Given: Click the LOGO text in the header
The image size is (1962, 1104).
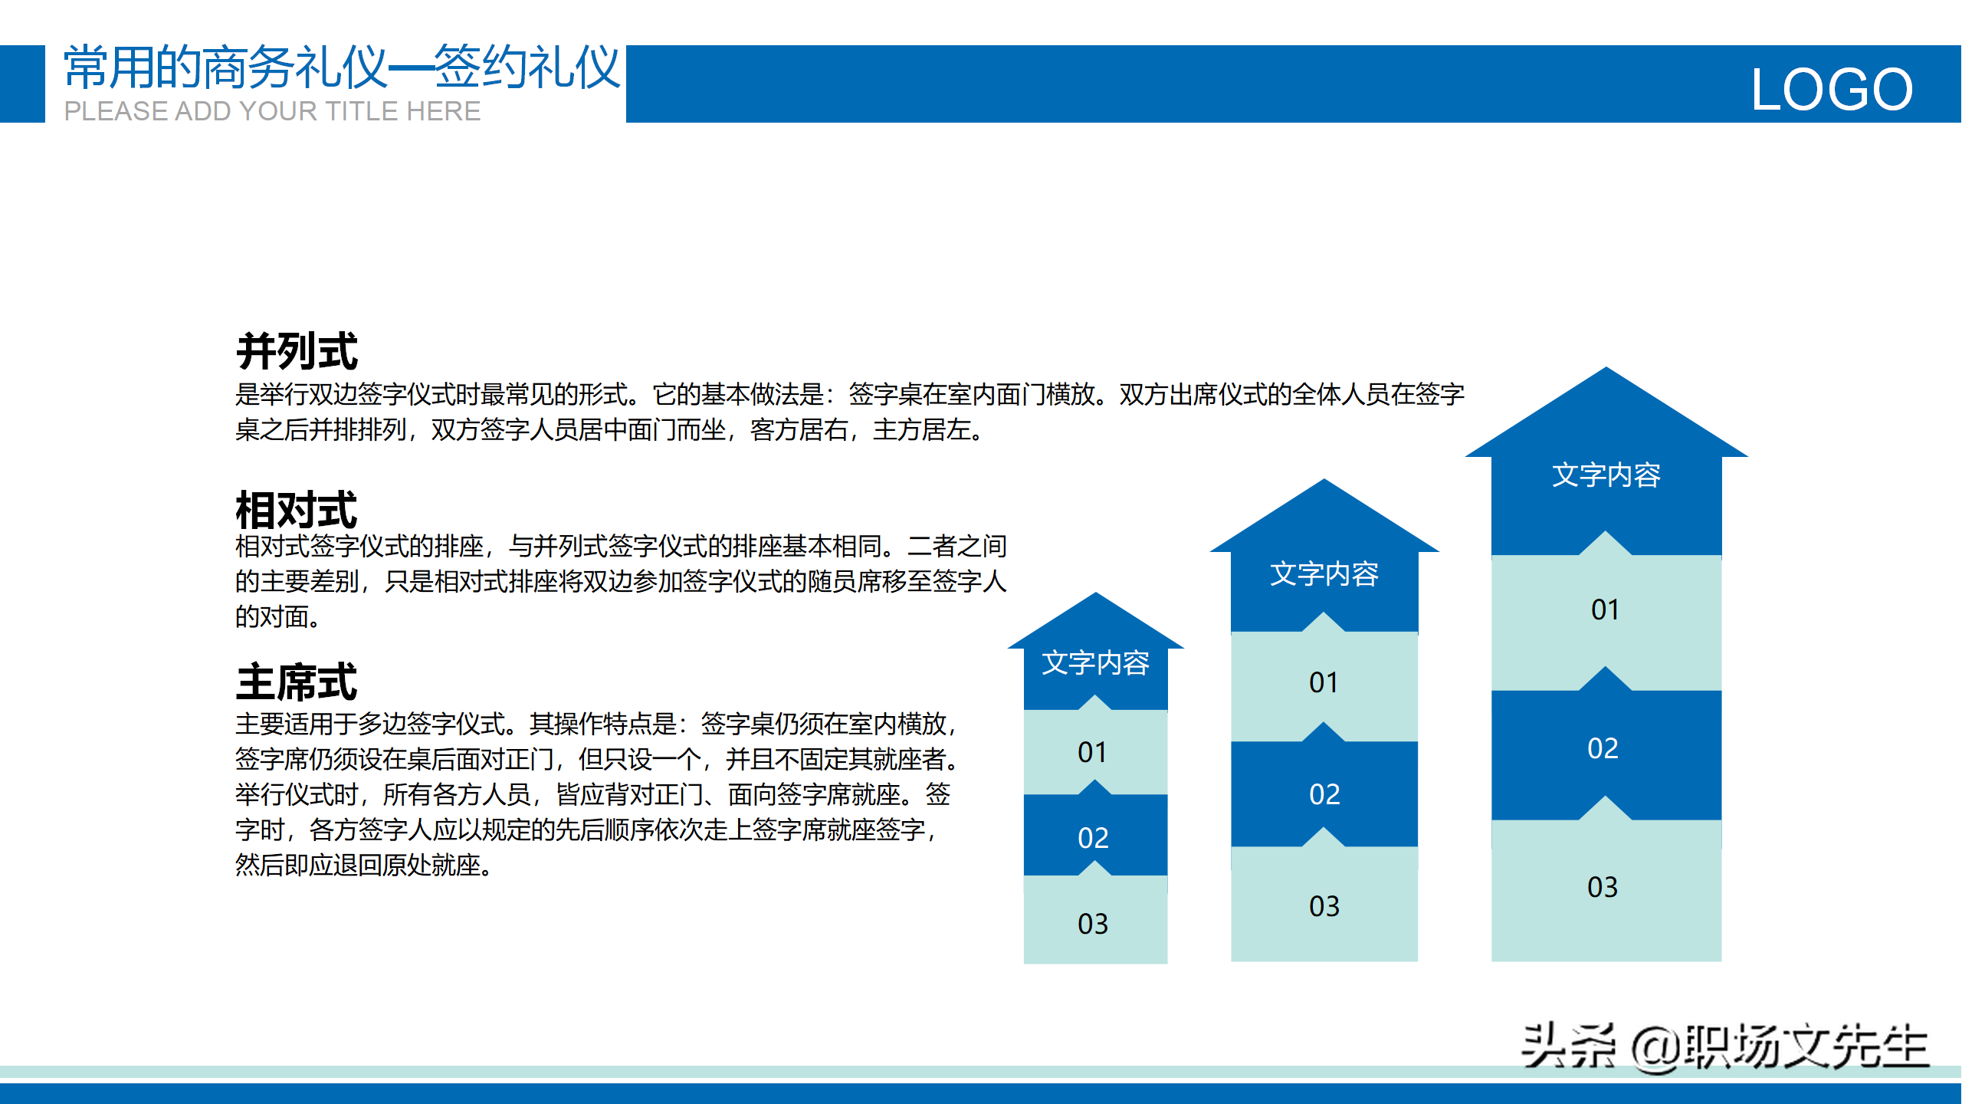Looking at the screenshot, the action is pos(1832,90).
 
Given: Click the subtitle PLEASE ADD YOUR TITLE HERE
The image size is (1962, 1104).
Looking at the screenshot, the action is pos(272,111).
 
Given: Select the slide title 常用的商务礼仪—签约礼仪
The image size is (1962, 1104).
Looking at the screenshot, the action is pos(342,67).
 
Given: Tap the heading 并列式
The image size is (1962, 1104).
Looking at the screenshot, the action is pos(297,351).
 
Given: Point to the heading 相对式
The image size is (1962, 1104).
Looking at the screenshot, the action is pos(297,510).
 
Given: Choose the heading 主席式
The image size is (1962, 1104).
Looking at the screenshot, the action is pos(297,682).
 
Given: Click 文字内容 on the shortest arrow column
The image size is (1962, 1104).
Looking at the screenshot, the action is pos(1095,662).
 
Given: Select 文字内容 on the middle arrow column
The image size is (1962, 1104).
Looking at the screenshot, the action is pos(1324,573).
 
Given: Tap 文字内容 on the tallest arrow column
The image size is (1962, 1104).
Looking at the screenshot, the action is pos(1606,475).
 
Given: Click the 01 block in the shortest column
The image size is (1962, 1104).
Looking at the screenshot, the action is pos(1095,752).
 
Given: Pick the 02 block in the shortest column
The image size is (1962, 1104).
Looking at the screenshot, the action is pos(1095,836).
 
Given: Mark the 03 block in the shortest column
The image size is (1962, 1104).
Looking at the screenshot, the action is pos(1095,920).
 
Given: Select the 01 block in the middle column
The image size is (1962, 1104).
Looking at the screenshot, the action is pos(1324,682).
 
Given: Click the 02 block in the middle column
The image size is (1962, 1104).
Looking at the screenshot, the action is pos(1324,793).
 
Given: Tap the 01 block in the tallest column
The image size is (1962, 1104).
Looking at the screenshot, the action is pos(1606,613).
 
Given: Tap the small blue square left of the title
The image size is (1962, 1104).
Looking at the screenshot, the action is pos(22,84).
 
